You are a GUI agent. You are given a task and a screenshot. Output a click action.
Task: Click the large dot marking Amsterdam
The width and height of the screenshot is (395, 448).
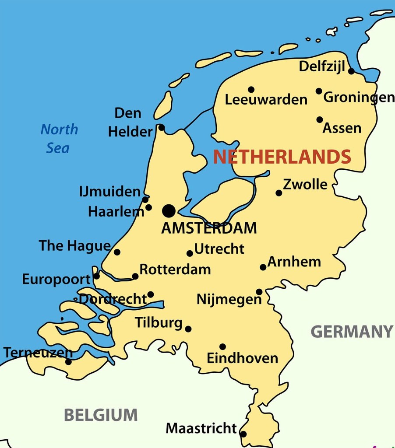point(169,211)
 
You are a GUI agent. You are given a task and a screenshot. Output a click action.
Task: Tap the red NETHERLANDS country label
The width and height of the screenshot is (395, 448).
point(282,157)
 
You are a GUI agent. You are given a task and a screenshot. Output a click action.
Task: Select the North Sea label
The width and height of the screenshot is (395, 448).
point(59,138)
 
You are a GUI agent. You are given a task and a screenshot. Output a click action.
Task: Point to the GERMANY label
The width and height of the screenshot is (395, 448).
point(352,332)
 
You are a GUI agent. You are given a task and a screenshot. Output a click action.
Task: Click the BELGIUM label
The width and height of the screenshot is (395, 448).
point(101,414)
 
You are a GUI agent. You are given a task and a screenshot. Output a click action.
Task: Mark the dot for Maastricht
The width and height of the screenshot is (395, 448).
point(243,434)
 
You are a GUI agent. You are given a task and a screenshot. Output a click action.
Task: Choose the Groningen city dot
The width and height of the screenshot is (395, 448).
point(319,91)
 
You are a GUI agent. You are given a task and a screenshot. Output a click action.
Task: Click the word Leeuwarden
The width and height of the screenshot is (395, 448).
point(266,100)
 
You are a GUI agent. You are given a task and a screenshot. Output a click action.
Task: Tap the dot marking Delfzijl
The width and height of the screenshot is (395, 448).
point(351,71)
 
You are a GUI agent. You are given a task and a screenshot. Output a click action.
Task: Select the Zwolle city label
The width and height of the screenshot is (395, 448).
point(305,185)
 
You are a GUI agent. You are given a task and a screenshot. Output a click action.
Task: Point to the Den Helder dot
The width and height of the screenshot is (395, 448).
point(161,127)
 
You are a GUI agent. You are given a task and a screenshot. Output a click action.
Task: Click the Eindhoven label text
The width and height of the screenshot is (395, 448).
point(242,358)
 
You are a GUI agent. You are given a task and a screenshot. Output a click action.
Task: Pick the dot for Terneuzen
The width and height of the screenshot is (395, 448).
point(68,362)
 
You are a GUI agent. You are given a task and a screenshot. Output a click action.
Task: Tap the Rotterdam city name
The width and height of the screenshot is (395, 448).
point(175,269)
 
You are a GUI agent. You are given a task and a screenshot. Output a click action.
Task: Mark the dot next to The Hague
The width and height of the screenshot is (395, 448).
point(117,252)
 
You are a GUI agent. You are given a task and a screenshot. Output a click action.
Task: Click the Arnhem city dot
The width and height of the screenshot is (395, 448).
point(263,267)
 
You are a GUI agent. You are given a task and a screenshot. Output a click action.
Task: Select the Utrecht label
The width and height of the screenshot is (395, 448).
point(219,249)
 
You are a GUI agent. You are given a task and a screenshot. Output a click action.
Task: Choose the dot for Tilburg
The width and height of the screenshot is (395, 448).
point(188,329)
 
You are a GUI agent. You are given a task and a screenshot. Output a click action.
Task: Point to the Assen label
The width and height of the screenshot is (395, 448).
point(342,128)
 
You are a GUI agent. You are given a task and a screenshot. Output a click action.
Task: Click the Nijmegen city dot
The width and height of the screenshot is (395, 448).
point(259,292)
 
